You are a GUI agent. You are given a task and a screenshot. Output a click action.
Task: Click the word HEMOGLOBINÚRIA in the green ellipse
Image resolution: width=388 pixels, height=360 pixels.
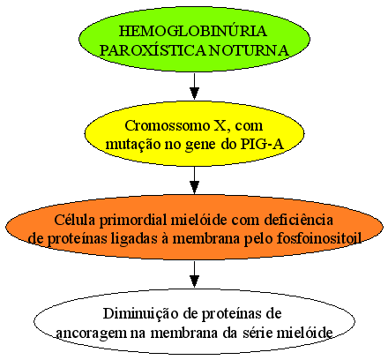(193, 31)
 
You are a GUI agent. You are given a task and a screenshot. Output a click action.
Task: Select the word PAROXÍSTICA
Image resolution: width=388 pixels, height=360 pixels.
(153, 50)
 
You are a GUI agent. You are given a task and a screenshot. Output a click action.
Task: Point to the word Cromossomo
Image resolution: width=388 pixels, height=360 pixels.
(167, 125)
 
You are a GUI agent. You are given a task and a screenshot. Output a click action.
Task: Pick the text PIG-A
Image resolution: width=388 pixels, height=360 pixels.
(262, 145)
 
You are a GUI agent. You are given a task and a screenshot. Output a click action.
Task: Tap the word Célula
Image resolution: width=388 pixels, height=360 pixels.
(75, 220)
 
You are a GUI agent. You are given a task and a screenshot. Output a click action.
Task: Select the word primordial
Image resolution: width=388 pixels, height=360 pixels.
(134, 221)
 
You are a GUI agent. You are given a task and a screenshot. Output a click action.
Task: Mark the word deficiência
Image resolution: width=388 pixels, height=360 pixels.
(298, 220)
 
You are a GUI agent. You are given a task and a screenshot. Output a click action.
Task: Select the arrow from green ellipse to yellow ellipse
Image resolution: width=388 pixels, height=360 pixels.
(194, 86)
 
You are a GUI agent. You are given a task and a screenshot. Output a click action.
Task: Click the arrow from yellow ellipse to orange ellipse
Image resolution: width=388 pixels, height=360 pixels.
(194, 180)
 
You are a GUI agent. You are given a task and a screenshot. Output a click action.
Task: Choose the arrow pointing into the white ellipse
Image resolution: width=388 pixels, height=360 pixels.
(194, 274)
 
